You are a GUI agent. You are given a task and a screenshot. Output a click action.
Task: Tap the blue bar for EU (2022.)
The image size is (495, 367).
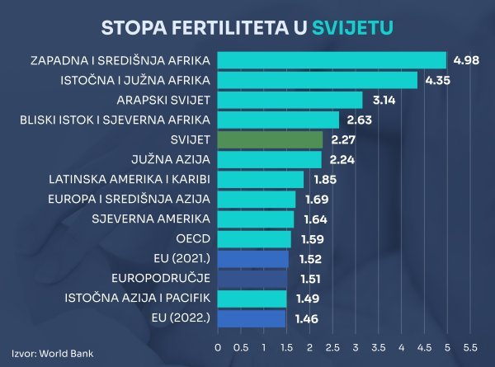point(252,318)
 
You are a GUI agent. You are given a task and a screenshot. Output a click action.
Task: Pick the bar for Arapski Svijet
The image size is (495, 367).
point(290,100)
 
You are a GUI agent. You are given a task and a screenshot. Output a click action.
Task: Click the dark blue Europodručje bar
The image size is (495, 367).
point(252,278)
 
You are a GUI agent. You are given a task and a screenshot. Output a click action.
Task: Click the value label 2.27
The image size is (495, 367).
point(342,139)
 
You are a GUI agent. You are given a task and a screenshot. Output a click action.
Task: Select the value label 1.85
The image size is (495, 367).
point(323,179)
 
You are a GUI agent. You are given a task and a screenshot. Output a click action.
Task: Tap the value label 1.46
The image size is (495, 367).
point(305,318)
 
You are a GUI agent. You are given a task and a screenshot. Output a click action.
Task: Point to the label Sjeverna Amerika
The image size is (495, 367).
point(156,219)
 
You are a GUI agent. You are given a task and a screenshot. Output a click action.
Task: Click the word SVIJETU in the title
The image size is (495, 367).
point(353,27)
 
